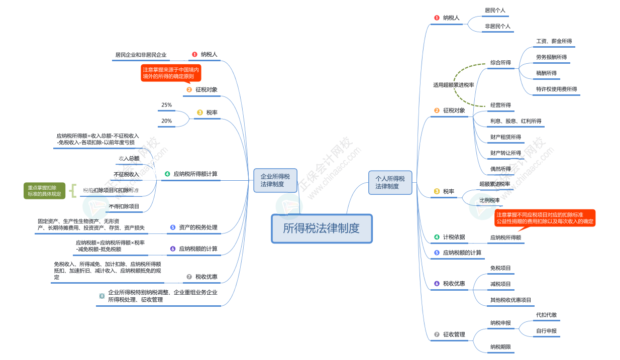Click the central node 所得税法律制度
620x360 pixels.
click(322, 228)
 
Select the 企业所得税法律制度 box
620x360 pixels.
click(275, 180)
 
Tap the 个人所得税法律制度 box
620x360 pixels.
click(390, 182)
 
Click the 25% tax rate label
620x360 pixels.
click(166, 105)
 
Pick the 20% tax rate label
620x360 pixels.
click(166, 121)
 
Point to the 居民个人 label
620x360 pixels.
click(495, 10)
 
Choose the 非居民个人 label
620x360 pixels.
click(497, 26)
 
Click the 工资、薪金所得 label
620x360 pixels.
click(554, 41)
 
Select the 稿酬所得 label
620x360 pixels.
click(546, 73)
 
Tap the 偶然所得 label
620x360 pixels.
click(500, 169)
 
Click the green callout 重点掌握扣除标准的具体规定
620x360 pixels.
click(45, 190)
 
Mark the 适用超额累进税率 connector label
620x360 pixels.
click(454, 85)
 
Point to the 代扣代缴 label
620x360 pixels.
click(546, 315)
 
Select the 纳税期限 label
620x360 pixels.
click(500, 346)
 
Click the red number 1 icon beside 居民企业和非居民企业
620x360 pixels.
click(194, 54)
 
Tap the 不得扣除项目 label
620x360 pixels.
click(124, 206)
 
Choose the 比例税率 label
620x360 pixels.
click(489, 200)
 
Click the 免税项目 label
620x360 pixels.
click(500, 268)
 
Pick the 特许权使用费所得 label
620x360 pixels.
click(556, 89)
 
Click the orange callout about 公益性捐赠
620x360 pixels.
click(545, 218)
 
